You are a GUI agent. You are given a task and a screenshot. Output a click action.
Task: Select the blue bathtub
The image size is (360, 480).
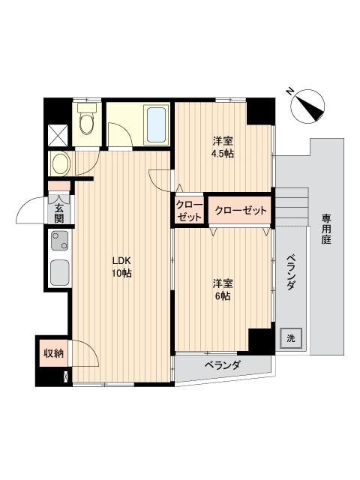tap(156, 124)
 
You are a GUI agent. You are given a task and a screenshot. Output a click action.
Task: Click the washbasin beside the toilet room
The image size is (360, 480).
tap(59, 162)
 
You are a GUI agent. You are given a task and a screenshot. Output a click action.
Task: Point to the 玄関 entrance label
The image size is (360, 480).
tap(58, 209)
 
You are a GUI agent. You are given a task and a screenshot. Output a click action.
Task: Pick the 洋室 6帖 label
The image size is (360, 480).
tap(221, 289)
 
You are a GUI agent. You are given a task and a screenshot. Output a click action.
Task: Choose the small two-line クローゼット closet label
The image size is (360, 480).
tap(189, 211)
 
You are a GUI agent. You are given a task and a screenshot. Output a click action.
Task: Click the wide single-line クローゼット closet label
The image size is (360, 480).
tap(241, 211)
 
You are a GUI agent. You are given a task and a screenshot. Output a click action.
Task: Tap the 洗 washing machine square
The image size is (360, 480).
tap(289, 337)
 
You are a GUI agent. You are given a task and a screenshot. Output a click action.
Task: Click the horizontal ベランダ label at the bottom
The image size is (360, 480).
tap(222, 365)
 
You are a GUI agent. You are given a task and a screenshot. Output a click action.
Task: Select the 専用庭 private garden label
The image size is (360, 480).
tap(327, 229)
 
